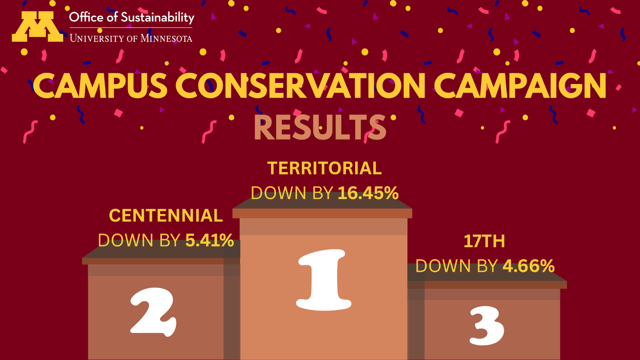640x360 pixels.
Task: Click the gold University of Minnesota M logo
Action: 38,26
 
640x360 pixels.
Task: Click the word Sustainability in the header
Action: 158,18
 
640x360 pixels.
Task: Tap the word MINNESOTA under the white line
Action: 166,38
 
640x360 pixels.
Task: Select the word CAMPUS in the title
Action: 100,86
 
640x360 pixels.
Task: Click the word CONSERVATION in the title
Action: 300,86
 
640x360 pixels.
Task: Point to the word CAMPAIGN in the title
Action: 522,86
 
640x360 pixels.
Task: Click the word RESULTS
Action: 320,128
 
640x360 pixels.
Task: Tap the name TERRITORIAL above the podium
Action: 324,168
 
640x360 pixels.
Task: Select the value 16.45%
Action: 368,193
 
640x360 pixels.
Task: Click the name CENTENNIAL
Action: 166,216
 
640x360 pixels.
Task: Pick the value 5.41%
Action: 210,240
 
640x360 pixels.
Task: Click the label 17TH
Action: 484,242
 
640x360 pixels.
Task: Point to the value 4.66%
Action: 528,266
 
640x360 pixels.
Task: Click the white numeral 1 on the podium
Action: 323,280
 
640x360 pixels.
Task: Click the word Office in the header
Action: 86,17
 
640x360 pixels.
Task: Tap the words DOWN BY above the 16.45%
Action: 292,193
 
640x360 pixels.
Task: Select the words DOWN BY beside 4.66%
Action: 456,266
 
